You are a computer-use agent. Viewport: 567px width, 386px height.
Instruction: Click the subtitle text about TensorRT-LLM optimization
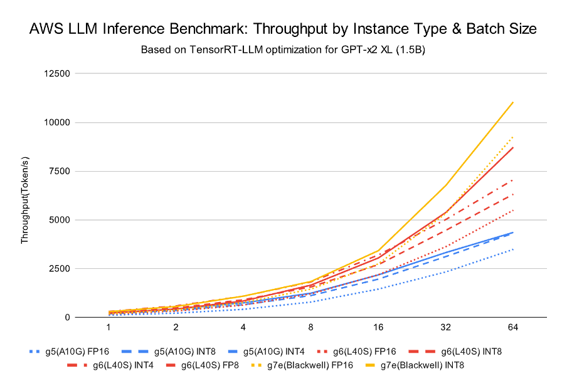[x=283, y=50]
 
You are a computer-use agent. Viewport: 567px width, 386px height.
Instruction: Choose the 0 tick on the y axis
[x=66, y=317]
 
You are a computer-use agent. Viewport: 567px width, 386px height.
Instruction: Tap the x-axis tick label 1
[x=109, y=328]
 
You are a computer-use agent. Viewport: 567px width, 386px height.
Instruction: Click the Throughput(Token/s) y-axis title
[x=25, y=196]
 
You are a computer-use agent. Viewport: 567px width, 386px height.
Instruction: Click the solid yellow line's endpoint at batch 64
[x=514, y=102]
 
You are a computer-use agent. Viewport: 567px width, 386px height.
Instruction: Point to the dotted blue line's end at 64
[x=514, y=249]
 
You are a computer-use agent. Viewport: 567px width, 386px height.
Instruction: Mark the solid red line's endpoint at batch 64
[x=514, y=147]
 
